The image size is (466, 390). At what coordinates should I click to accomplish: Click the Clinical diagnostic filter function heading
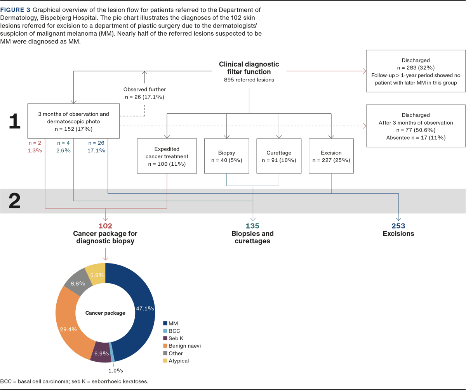click(249, 68)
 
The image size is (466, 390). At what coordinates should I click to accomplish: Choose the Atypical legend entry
click(179, 361)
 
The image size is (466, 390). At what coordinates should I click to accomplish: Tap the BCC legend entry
click(175, 331)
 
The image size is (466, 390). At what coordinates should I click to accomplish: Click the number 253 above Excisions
click(398, 226)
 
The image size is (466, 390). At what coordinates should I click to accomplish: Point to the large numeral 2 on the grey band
click(14, 201)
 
